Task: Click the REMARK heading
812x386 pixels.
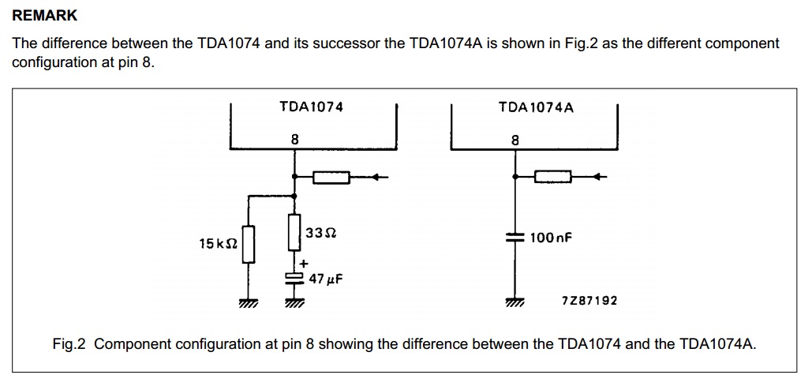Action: tap(45, 16)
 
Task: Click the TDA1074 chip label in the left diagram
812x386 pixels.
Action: tap(312, 107)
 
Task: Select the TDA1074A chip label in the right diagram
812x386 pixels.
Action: tap(536, 107)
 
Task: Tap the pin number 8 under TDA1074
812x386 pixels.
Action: tap(294, 140)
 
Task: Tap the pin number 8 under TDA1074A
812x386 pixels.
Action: tap(515, 141)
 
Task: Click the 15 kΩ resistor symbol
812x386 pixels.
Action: tap(249, 244)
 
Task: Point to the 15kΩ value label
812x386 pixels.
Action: tap(218, 244)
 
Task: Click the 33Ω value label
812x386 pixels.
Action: tap(320, 234)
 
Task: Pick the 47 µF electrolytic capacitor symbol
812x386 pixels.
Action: tap(294, 277)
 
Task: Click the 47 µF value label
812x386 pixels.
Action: tap(326, 279)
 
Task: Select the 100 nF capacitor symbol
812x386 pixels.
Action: tap(515, 237)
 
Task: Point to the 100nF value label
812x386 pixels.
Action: tap(551, 237)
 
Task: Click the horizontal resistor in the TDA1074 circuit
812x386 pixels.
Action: tap(331, 177)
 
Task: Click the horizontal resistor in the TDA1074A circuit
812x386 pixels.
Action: tap(552, 177)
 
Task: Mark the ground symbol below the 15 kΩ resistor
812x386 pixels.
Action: tap(249, 302)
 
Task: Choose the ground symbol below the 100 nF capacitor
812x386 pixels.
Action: tap(515, 302)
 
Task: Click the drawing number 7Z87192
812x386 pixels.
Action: tap(589, 301)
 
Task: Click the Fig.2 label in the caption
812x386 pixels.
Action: tap(69, 344)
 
